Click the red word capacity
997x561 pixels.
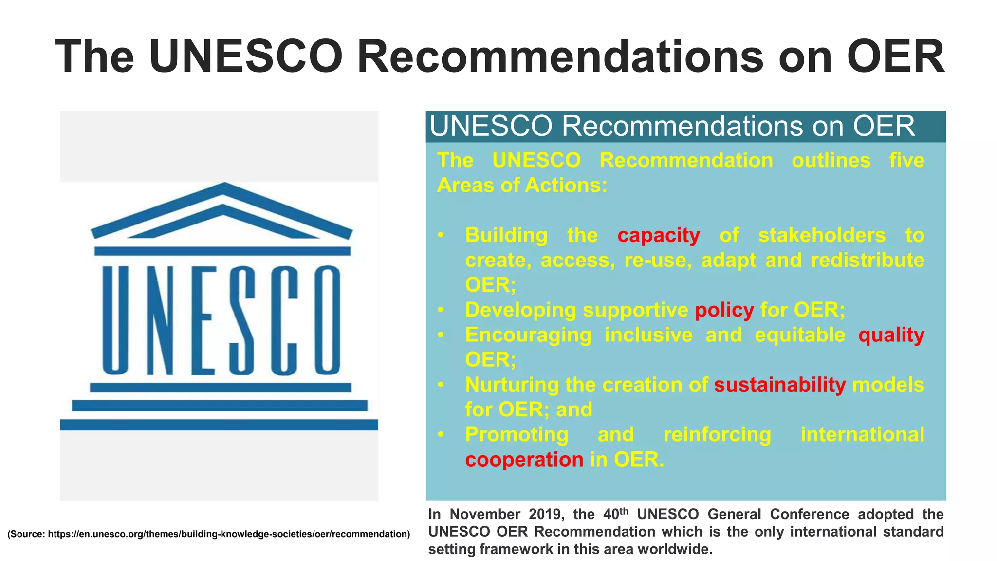659,236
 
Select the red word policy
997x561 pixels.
724,310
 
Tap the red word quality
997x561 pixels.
891,335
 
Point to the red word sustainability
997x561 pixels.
780,385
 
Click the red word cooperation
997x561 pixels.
524,459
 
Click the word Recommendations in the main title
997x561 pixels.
560,56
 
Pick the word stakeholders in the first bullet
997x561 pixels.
822,236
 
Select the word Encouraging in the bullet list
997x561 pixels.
528,335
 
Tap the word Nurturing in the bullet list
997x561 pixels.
512,385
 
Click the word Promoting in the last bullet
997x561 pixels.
517,434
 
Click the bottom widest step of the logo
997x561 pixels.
219,425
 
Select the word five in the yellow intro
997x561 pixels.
906,161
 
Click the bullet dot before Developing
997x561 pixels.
441,310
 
